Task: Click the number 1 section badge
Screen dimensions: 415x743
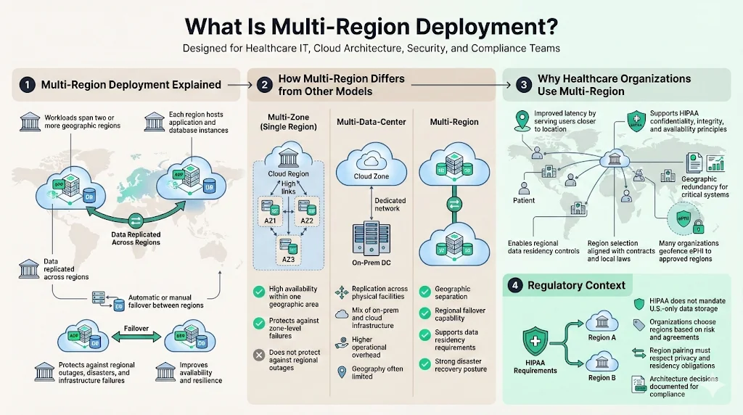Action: [28, 85]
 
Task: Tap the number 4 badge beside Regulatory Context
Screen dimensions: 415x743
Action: [515, 285]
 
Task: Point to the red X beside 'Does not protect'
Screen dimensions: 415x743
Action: [258, 356]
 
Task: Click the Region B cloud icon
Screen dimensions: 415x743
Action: [602, 361]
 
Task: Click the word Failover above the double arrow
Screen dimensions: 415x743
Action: [136, 329]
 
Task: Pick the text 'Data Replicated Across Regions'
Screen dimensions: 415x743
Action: [135, 239]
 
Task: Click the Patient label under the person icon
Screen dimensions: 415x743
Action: [524, 201]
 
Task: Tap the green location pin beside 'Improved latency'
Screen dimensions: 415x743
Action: [520, 119]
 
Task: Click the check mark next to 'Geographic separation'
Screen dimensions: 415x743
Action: [425, 292]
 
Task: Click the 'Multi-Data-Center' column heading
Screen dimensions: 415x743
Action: [371, 122]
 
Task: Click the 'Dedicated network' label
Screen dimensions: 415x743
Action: [391, 205]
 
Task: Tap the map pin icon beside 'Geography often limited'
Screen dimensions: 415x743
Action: [341, 372]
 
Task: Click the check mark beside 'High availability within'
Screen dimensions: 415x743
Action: [258, 292]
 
